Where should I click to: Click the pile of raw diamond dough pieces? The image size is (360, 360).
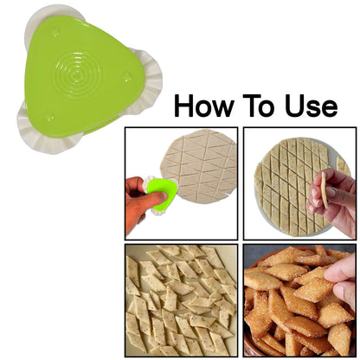(180, 299)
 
